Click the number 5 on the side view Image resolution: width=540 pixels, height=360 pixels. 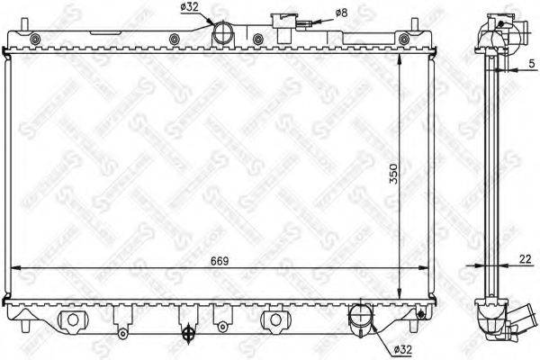pos(532,64)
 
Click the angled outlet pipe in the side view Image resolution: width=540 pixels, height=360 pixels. pos(518,319)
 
